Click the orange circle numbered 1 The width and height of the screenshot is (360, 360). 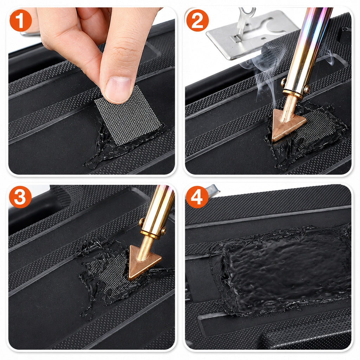20,20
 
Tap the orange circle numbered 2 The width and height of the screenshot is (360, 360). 198,20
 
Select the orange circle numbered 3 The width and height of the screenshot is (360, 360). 20,197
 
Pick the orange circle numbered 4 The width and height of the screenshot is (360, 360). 197,197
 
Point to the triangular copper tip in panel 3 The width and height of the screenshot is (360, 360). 143,262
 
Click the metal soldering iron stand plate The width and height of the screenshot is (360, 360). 250,34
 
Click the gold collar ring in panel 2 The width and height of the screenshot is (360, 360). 296,92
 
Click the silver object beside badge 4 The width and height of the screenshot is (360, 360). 212,191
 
